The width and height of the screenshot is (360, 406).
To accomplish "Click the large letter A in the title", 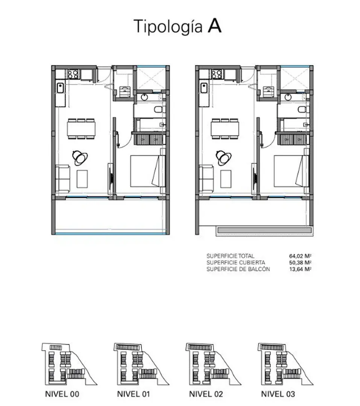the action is pyautogui.click(x=214, y=26).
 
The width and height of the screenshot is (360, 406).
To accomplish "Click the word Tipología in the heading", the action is pyautogui.click(x=168, y=27).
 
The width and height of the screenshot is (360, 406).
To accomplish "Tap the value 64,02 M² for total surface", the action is pyautogui.click(x=300, y=256).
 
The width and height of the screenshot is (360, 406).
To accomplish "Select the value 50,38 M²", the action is pyautogui.click(x=300, y=262).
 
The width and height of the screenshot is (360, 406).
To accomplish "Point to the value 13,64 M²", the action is pyautogui.click(x=300, y=269).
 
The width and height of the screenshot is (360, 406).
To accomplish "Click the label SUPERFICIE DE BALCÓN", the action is pyautogui.click(x=238, y=269).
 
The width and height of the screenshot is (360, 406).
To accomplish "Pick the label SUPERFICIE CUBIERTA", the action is pyautogui.click(x=236, y=262).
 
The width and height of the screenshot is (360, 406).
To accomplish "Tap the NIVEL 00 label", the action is pyautogui.click(x=62, y=394).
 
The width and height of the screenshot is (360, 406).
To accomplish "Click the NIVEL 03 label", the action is pyautogui.click(x=278, y=394).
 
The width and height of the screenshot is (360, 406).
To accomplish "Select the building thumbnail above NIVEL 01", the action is pyautogui.click(x=141, y=364).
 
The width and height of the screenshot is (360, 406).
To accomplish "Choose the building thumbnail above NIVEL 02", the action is pyautogui.click(x=213, y=364).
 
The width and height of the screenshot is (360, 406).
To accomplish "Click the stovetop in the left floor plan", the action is pyautogui.click(x=73, y=74).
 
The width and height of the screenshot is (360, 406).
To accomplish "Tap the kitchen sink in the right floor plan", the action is pyautogui.click(x=204, y=88).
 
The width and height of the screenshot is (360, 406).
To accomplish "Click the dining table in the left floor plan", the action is pyautogui.click(x=81, y=129).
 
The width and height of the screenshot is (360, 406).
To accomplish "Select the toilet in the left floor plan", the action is pyautogui.click(x=158, y=109).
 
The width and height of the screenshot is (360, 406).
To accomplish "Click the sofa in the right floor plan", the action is pyautogui.click(x=206, y=179).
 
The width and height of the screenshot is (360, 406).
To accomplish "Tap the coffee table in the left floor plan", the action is pyautogui.click(x=82, y=179).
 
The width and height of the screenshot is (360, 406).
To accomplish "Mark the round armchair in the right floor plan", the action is pyautogui.click(x=224, y=158).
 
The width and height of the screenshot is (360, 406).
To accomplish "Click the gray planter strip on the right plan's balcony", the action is pyautogui.click(x=264, y=230).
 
